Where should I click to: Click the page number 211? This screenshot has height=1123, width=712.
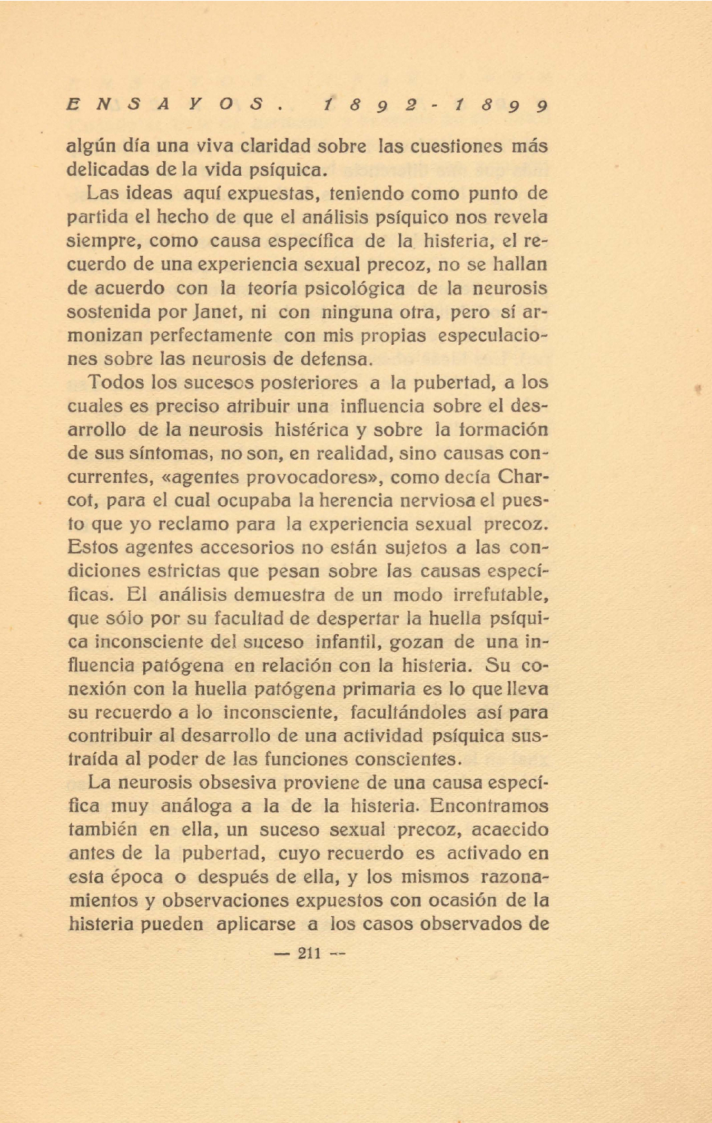click(309, 953)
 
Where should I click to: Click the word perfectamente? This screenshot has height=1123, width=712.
click(211, 336)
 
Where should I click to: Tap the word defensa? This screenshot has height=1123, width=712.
click(336, 360)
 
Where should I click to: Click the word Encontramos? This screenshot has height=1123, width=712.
click(489, 806)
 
